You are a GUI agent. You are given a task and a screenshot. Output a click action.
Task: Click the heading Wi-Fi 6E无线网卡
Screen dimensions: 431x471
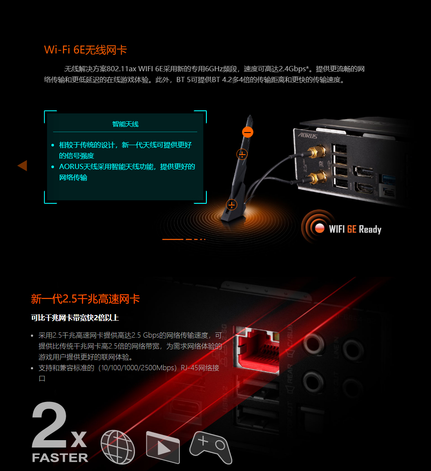(85, 50)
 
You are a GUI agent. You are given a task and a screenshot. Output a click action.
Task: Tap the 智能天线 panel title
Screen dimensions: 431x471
(125, 124)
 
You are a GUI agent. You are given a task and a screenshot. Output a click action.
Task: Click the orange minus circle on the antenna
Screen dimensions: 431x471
(248, 132)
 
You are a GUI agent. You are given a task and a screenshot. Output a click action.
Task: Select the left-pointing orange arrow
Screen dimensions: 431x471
(23, 166)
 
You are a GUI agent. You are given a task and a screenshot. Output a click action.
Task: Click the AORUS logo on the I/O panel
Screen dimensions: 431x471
(308, 136)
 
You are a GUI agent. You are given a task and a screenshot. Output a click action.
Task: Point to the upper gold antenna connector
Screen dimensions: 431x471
(317, 152)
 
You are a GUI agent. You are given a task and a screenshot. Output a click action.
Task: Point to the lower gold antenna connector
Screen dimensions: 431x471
(317, 177)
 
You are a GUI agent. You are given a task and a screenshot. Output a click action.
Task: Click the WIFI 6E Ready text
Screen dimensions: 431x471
(355, 229)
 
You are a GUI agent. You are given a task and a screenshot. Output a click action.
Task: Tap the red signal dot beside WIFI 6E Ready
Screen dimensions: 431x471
(320, 228)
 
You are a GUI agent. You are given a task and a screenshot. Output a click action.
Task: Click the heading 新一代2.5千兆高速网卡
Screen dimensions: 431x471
(85, 299)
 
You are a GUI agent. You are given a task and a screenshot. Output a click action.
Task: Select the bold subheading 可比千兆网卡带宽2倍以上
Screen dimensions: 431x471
(75, 318)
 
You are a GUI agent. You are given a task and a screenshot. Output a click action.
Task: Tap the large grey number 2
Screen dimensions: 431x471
(49, 425)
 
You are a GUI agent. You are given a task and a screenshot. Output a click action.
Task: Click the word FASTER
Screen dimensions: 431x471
(60, 458)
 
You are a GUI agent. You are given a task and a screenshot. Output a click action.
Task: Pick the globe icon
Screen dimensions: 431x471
(118, 447)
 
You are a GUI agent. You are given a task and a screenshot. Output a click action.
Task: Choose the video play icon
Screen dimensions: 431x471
(163, 447)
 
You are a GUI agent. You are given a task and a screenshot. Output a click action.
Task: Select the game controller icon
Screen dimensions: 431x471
(211, 447)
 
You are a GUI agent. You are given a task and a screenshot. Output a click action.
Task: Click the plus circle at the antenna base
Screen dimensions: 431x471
(232, 205)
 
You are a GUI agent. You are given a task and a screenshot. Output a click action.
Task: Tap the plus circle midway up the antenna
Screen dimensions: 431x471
(242, 154)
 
